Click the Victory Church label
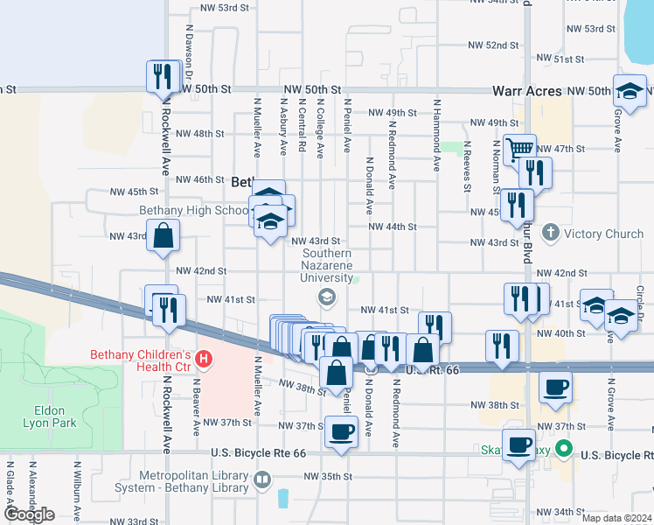603,234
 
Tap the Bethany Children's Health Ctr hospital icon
204,358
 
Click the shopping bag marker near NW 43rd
163,235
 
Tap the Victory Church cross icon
550,233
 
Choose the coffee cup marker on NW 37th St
341,430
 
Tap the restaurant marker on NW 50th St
162,76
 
